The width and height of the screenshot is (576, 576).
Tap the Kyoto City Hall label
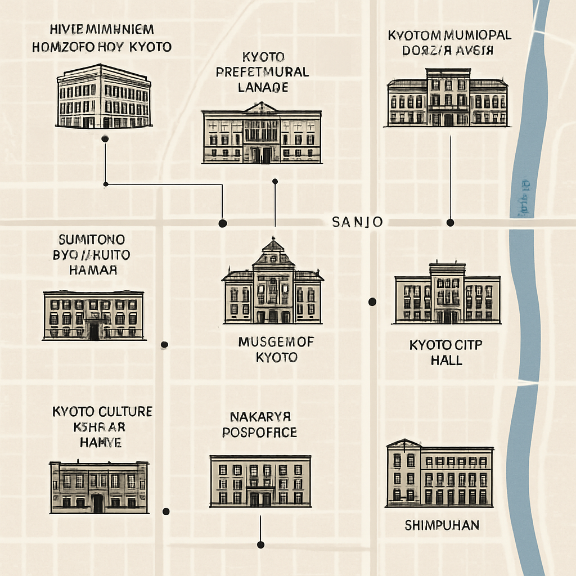pyautogui.click(x=446, y=352)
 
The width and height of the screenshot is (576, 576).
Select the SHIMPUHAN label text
pyautogui.click(x=442, y=525)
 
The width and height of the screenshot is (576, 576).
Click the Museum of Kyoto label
pyautogui.click(x=276, y=349)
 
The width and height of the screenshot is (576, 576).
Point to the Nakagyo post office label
pyautogui.click(x=260, y=425)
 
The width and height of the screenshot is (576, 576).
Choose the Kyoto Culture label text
pyautogui.click(x=102, y=426)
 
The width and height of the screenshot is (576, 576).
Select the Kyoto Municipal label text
pyautogui.click(x=449, y=43)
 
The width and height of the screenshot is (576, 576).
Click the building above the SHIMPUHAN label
pyautogui.click(x=440, y=473)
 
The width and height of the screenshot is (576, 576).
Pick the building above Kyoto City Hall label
pyautogui.click(x=447, y=294)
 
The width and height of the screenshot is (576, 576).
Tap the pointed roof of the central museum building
pyautogui.click(x=273, y=246)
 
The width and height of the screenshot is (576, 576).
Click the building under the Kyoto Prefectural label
pyautogui.click(x=262, y=134)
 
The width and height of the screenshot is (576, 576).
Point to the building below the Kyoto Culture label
pyautogui.click(x=99, y=487)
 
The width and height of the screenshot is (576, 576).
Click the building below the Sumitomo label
pyautogui.click(x=93, y=316)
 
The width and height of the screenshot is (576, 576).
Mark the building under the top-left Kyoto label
pyautogui.click(x=104, y=97)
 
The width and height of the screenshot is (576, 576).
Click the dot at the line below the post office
pyautogui.click(x=260, y=544)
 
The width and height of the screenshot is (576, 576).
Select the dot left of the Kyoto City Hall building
pyautogui.click(x=372, y=302)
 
